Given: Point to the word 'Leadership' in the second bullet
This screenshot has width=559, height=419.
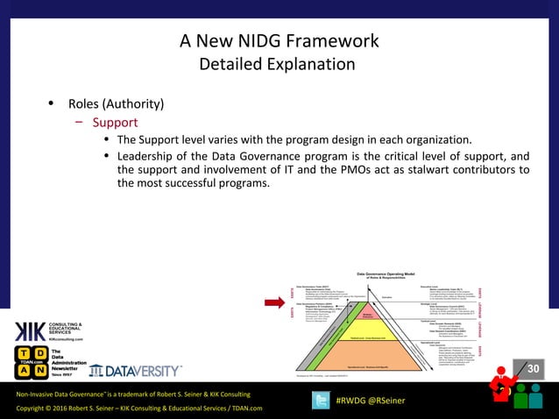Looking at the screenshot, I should click(x=150, y=157).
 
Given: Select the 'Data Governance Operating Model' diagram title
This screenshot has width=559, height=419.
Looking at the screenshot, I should click(x=395, y=273).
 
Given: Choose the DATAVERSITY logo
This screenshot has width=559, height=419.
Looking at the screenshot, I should click(x=136, y=371).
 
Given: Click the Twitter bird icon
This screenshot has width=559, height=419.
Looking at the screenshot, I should click(x=322, y=400).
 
